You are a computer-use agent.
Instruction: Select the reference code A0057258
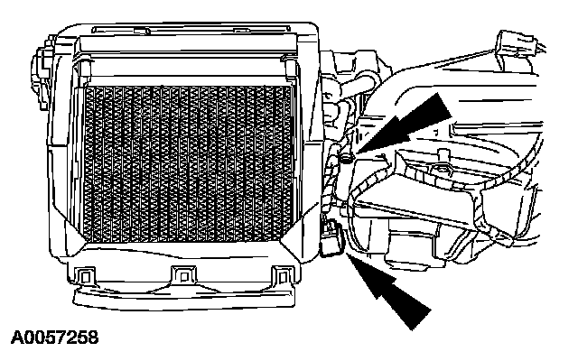tap(54, 339)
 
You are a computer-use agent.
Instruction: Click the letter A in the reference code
tap(18, 339)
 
